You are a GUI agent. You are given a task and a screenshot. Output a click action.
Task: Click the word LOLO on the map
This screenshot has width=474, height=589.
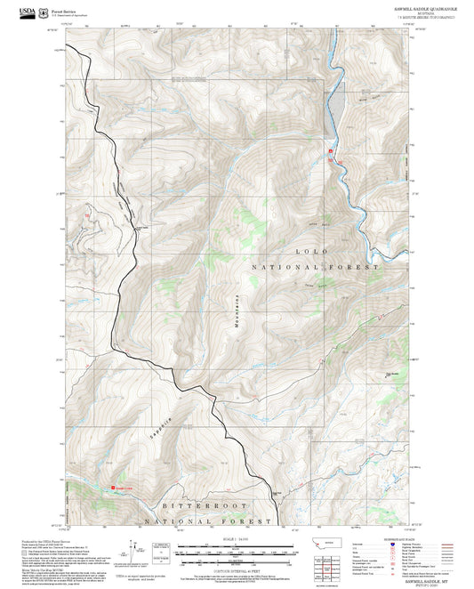click(317, 254)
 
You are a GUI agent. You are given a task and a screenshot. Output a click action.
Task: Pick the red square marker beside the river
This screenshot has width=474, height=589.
click(331, 151)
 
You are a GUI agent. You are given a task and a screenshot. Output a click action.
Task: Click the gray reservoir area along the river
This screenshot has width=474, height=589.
click(333, 111)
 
